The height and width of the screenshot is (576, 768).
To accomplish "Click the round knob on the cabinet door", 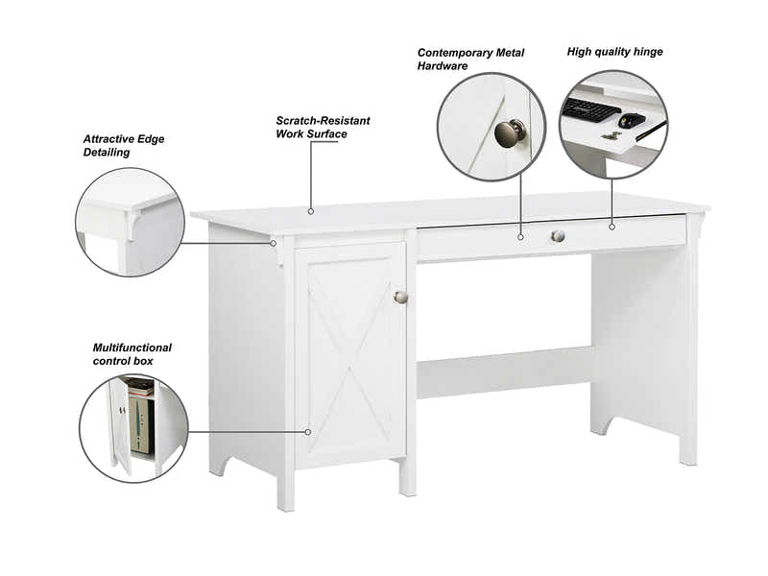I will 401,297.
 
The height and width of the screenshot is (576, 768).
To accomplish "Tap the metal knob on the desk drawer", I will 558,235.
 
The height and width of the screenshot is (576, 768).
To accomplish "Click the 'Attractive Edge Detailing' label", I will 124,145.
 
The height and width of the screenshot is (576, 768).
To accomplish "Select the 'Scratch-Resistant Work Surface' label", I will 323,127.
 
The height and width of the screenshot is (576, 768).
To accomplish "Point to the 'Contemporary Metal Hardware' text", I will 470,59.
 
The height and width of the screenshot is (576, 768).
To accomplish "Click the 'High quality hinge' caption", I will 614,52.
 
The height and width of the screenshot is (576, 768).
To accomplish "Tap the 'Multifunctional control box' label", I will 132,353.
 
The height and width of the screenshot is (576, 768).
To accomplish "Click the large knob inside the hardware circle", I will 511,132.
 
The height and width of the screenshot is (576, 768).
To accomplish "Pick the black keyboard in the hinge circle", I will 590,110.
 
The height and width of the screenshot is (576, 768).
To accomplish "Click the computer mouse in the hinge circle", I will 631,120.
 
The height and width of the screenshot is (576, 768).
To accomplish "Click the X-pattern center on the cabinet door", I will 349,356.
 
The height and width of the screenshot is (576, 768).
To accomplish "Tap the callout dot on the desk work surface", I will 310,210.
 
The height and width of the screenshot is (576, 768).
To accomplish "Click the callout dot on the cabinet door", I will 307,432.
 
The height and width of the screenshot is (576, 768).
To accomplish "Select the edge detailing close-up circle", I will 130,222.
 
